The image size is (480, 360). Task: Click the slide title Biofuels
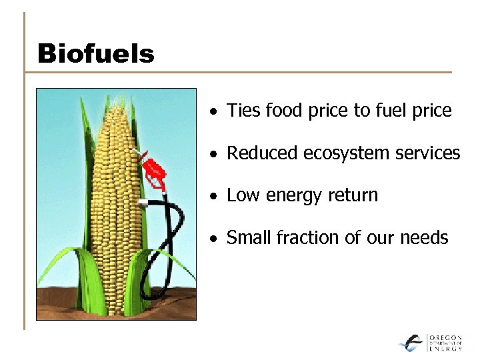(x=95, y=53)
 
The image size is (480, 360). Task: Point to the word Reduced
(x=263, y=153)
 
